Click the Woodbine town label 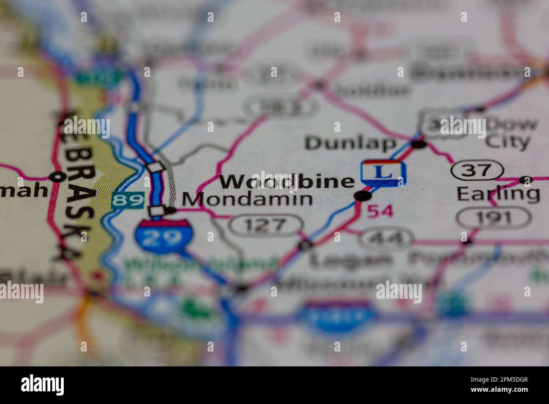pos(287,181)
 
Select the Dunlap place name pos(351,143)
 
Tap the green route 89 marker pos(128,200)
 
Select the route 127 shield pos(266,224)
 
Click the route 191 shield pos(493,218)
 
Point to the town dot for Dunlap pos(419,145)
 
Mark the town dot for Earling pos(525,180)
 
